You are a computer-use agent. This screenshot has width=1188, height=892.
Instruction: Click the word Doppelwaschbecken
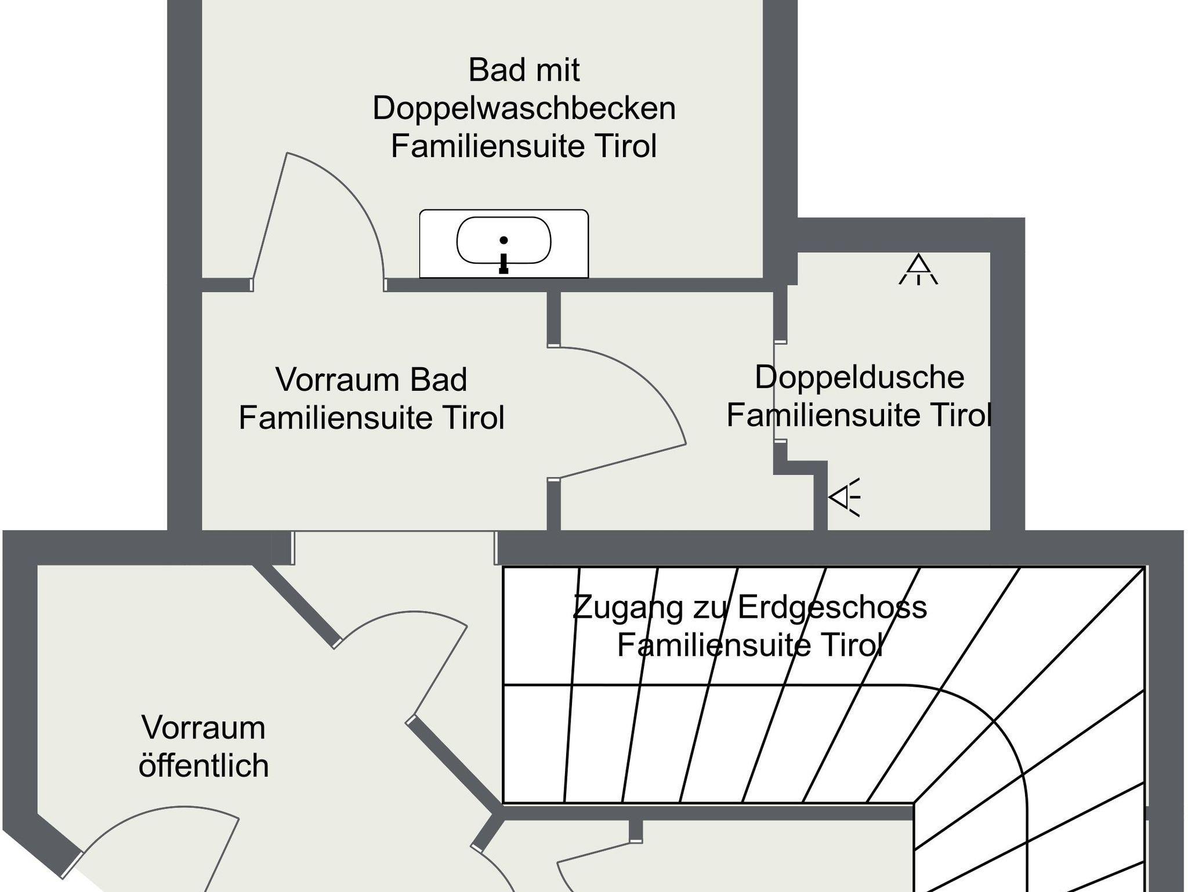pos(524,108)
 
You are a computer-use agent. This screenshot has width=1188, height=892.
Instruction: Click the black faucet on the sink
pos(504,264)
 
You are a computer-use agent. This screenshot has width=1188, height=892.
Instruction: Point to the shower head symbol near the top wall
pos(918,270)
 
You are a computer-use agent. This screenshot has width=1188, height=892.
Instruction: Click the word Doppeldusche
pos(859,378)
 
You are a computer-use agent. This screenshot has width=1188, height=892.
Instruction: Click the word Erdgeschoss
pos(832,608)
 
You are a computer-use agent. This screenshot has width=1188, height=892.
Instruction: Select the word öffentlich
pos(204,766)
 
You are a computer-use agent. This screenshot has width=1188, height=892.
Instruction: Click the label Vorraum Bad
pos(371,380)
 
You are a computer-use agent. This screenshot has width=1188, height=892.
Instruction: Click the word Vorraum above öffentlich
pos(204,728)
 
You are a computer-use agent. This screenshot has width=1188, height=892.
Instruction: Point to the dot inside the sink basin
pos(504,240)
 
